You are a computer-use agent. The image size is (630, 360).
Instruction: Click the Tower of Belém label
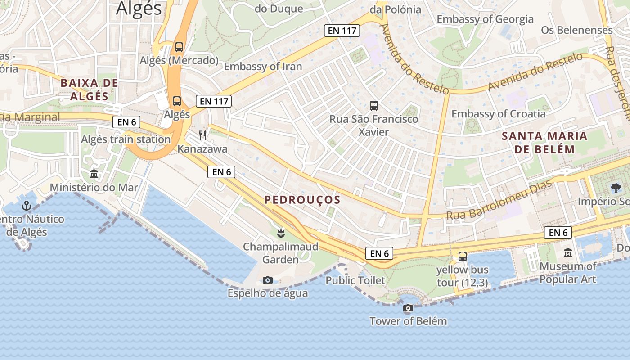(408, 321)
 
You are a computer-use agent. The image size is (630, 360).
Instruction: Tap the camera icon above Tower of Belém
(408, 308)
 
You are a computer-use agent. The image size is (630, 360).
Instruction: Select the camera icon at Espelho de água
(268, 280)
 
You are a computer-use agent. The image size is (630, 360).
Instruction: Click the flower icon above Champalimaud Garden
(281, 233)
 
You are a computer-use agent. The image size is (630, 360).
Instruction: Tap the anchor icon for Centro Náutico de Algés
(27, 206)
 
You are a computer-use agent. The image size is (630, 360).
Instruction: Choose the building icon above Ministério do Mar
(94, 174)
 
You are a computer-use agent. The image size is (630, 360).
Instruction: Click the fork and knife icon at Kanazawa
(202, 135)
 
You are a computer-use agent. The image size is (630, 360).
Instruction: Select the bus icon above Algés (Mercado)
(179, 47)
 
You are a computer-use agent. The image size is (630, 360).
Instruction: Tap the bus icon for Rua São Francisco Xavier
(374, 106)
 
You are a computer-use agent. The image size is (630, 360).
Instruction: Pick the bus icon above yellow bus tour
(463, 256)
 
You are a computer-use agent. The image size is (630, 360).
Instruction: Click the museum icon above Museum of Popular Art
(568, 253)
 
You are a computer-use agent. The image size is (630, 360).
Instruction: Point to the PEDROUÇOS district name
(302, 200)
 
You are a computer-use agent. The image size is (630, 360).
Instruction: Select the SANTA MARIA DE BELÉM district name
(544, 143)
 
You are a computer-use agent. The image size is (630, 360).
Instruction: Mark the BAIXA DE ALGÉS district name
(89, 90)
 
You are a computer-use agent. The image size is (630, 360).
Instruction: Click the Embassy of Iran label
(263, 67)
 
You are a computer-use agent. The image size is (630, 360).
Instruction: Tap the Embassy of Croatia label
(498, 114)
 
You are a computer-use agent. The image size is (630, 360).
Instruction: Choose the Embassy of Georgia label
(485, 19)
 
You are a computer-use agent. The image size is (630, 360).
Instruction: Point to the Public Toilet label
(355, 281)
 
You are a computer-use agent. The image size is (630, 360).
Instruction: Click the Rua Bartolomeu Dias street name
(493, 201)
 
